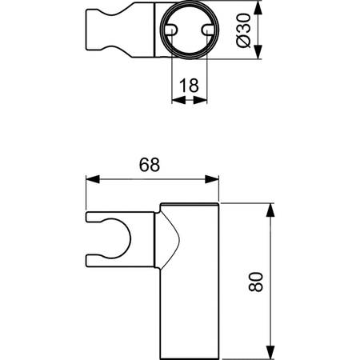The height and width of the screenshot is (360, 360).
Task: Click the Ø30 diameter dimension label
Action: [x=244, y=30]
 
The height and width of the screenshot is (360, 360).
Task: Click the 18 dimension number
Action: [x=189, y=86]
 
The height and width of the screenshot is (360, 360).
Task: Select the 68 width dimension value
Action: [x=150, y=165]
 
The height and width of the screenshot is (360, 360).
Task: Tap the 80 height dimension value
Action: [x=255, y=282]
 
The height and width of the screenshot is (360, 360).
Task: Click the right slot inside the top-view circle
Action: [x=208, y=30]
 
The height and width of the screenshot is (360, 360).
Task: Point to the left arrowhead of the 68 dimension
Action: [x=93, y=179]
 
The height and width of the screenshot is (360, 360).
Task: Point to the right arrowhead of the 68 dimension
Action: [x=212, y=179]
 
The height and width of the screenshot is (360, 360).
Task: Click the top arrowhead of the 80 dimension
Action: [x=270, y=210]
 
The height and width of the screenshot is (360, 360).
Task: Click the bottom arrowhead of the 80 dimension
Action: [x=270, y=352]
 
